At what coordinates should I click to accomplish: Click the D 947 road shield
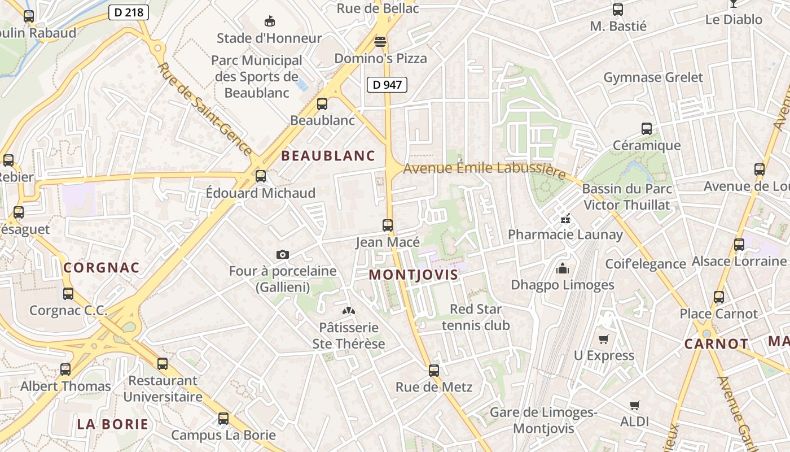(x=388, y=85)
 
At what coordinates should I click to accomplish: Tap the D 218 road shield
(x=128, y=12)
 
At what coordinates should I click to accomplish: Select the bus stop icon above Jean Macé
(x=388, y=225)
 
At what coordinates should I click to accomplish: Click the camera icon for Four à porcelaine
(x=283, y=255)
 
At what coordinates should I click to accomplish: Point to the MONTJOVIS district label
(x=413, y=275)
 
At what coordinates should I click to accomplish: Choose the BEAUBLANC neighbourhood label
(x=328, y=156)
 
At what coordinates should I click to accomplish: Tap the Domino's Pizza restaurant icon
(x=380, y=41)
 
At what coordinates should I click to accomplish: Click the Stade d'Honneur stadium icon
(x=270, y=21)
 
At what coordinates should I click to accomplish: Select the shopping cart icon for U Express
(x=604, y=339)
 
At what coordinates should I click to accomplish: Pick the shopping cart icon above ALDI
(x=635, y=405)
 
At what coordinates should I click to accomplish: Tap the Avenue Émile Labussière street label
(x=484, y=169)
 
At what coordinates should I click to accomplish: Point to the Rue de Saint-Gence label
(x=205, y=108)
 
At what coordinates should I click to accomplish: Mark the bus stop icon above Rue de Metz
(x=433, y=371)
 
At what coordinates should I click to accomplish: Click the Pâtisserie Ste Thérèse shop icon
(x=349, y=311)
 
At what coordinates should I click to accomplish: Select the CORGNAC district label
(x=102, y=268)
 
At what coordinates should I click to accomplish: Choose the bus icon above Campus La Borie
(x=223, y=419)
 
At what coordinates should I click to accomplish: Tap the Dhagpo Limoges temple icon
(x=563, y=268)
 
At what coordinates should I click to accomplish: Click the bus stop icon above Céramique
(x=647, y=129)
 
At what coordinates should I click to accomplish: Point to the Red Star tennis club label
(x=476, y=317)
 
